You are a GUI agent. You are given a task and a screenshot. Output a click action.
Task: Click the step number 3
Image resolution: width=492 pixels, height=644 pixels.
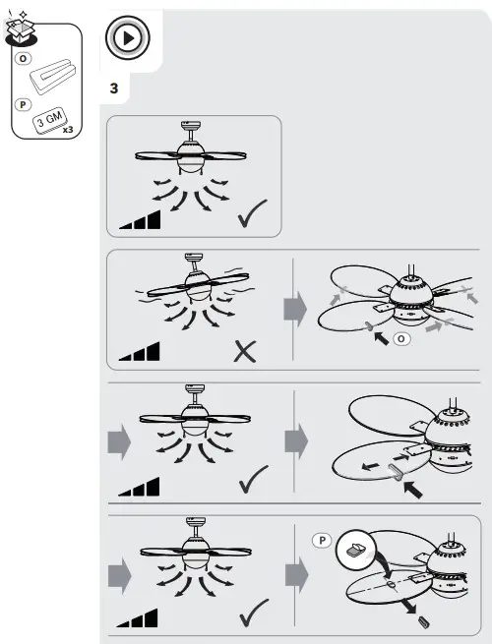(x=114, y=88)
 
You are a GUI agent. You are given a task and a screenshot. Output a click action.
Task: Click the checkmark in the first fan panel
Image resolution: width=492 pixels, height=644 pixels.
(x=253, y=211)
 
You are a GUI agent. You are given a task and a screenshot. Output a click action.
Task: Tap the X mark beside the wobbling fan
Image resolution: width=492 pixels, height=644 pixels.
(x=246, y=349)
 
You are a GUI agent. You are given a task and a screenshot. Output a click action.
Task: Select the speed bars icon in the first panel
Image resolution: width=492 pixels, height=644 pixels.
(x=139, y=219)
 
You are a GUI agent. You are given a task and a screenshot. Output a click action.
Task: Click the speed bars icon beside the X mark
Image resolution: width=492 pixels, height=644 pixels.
(x=139, y=351)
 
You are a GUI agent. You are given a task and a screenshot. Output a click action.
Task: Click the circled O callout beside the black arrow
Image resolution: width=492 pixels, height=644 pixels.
(x=400, y=339)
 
